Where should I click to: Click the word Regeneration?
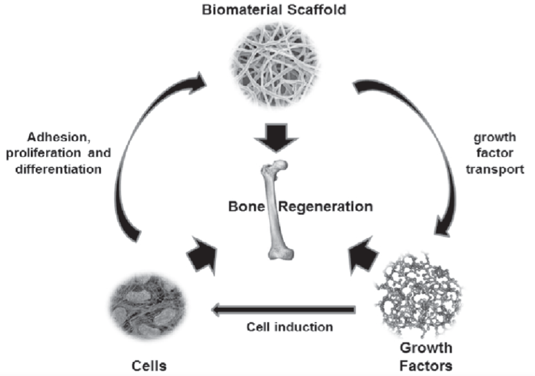point(325,207)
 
